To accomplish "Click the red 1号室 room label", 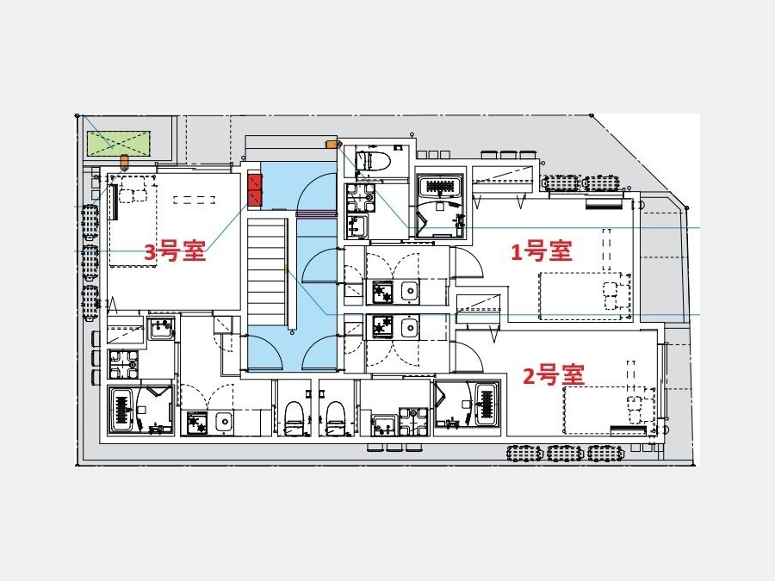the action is click(x=542, y=251).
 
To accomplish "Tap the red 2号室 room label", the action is click(x=554, y=375).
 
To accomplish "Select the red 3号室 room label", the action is click(x=175, y=251).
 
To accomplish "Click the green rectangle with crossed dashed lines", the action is click(x=119, y=144).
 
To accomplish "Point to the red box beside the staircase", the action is click(x=255, y=189).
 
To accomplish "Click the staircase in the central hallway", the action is click(x=268, y=273).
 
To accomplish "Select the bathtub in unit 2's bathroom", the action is click(x=486, y=406).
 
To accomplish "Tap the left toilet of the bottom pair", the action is click(x=294, y=417).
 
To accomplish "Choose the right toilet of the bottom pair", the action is click(x=335, y=417).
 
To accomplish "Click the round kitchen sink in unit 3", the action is click(x=225, y=423).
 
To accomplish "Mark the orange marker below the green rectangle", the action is click(x=125, y=160).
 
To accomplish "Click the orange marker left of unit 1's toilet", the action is click(x=330, y=144).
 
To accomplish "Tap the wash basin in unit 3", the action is click(x=161, y=329).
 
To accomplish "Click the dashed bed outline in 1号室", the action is click(x=585, y=296).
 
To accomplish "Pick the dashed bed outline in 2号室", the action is click(x=610, y=410).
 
